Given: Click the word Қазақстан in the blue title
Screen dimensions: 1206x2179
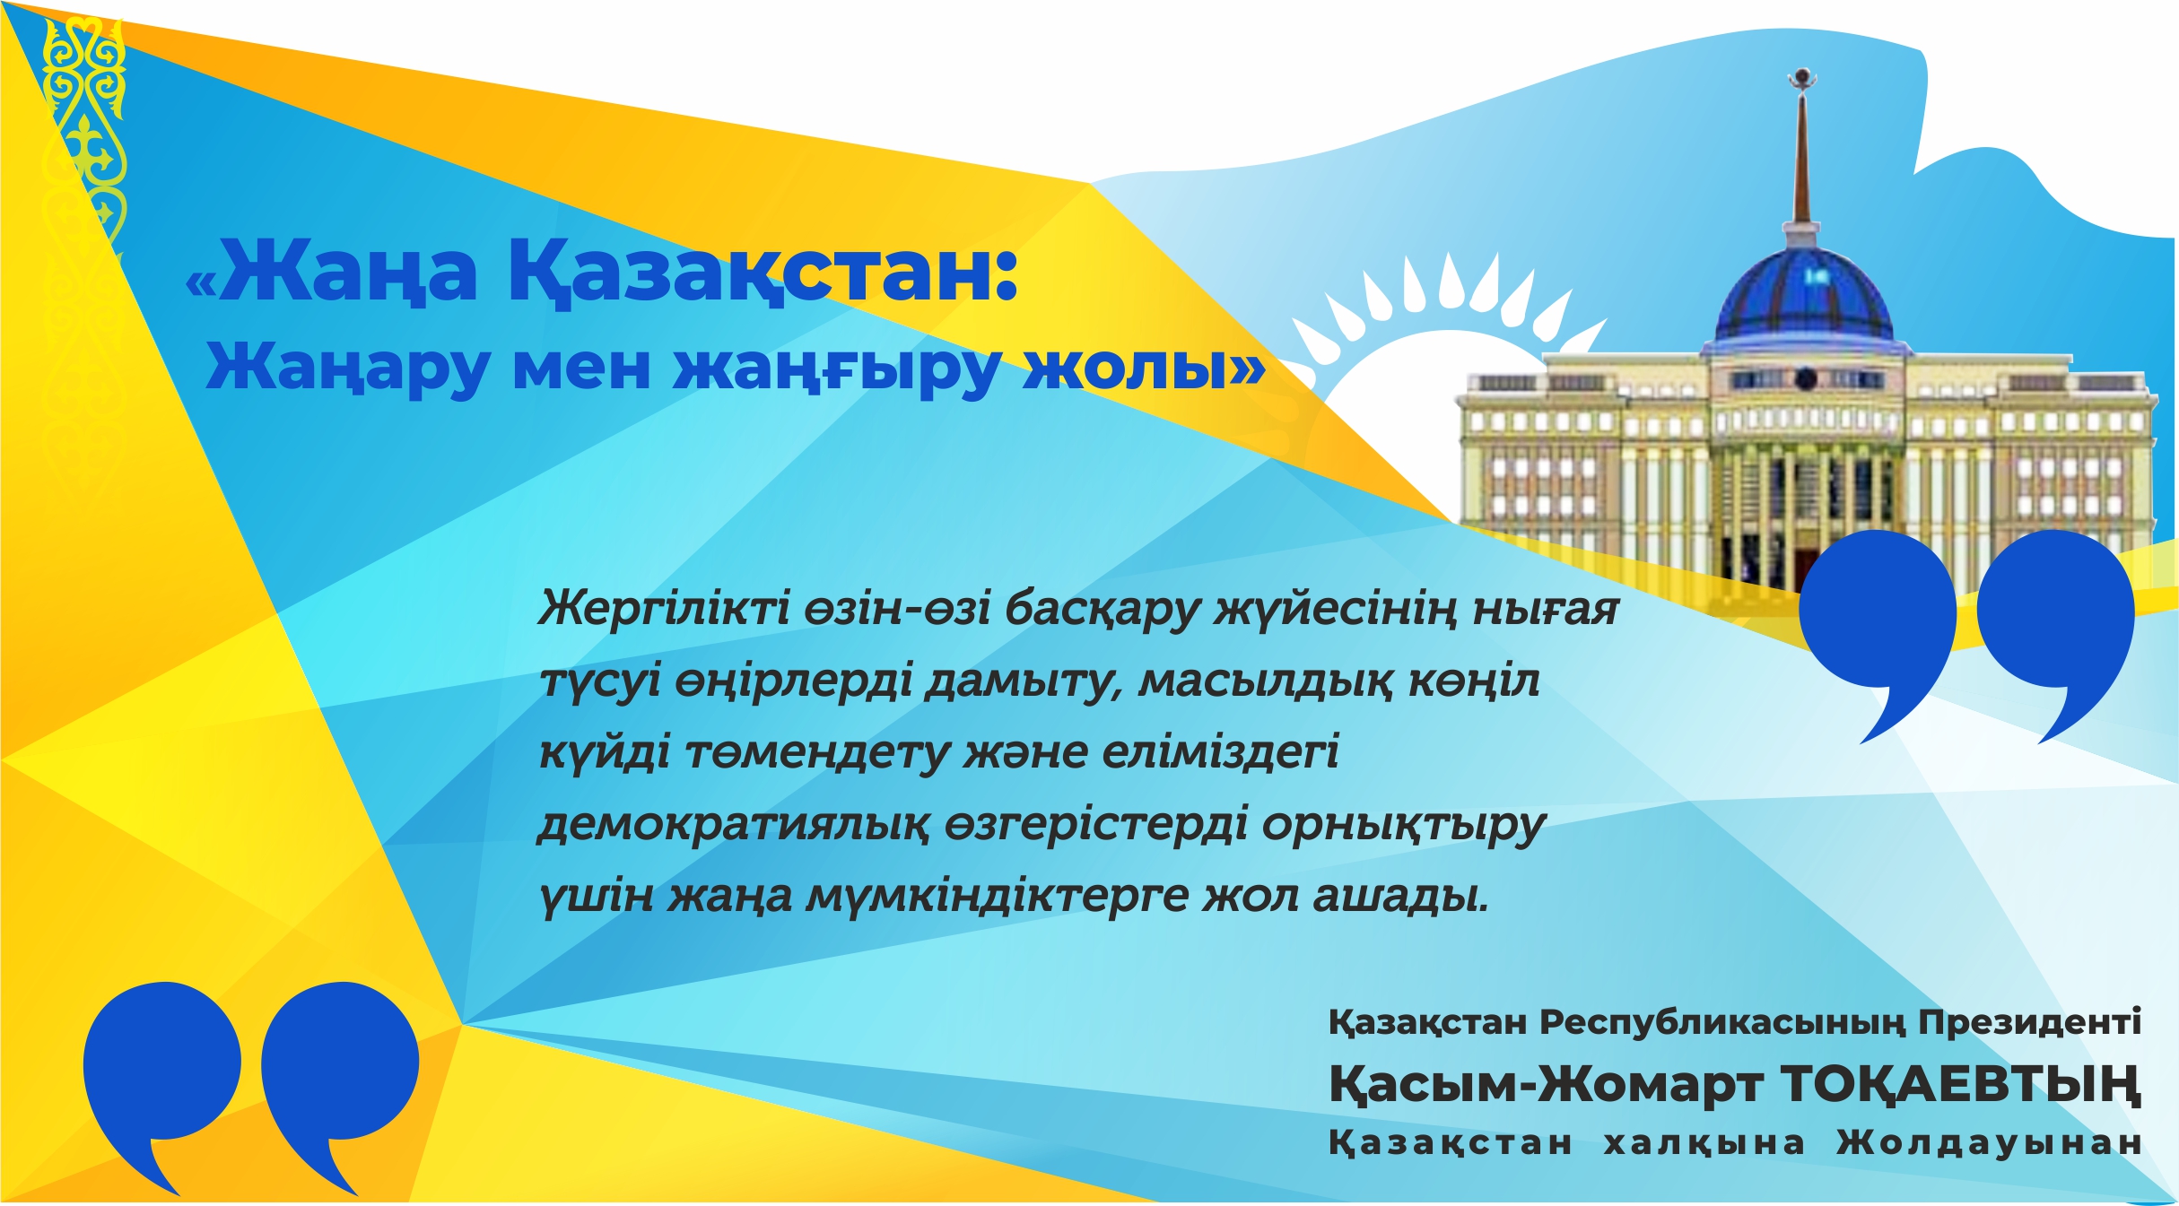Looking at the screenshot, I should coord(763,271).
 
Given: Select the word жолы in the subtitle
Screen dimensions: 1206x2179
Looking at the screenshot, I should coord(1135,368).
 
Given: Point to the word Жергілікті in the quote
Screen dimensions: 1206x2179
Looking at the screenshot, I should coord(664,609).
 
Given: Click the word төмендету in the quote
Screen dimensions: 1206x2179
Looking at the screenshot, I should coord(817,752).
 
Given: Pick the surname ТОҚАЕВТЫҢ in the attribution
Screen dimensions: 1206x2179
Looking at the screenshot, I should coord(1960,1084).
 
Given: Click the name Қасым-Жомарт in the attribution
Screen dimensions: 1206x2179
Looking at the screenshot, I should coord(1543,1084).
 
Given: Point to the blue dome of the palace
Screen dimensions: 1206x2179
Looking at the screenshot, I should coord(1803,296).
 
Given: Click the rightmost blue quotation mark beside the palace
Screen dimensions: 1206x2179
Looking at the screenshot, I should coord(2054,619).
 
